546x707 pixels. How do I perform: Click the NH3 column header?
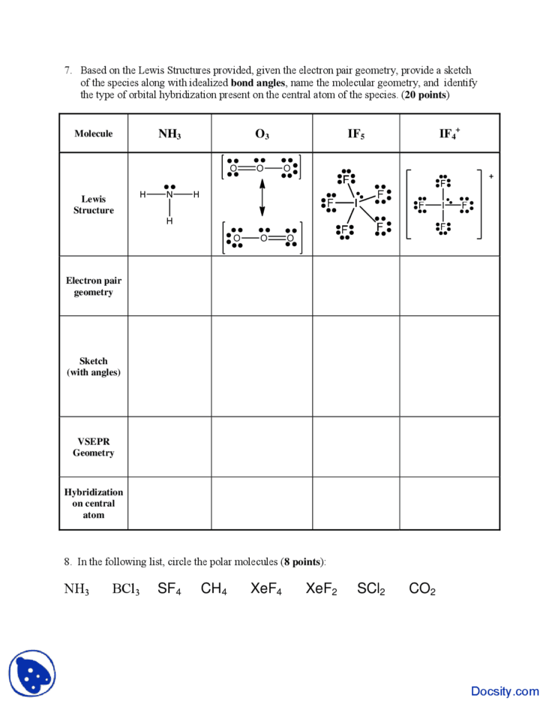(x=169, y=134)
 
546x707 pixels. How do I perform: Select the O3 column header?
(x=262, y=134)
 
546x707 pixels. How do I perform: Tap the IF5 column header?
(x=356, y=134)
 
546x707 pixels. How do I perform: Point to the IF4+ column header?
(x=449, y=134)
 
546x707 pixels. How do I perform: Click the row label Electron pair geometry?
(x=94, y=286)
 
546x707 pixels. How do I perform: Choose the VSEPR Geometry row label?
(x=94, y=447)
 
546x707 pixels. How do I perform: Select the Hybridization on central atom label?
(x=94, y=503)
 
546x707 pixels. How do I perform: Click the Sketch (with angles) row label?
(x=94, y=366)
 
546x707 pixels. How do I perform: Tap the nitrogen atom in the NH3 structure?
(x=169, y=195)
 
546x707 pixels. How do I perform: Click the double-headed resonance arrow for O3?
(x=262, y=200)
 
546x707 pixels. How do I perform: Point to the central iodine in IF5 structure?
(x=355, y=203)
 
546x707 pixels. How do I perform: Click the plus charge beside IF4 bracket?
(x=491, y=176)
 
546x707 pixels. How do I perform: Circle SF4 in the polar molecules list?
(x=169, y=589)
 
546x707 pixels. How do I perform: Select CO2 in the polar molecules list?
(x=422, y=589)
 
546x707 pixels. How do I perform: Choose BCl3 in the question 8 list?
(x=126, y=589)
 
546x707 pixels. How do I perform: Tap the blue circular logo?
(x=32, y=672)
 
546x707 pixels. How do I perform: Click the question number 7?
(x=67, y=71)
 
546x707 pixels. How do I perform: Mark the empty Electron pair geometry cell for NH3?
(x=169, y=286)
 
